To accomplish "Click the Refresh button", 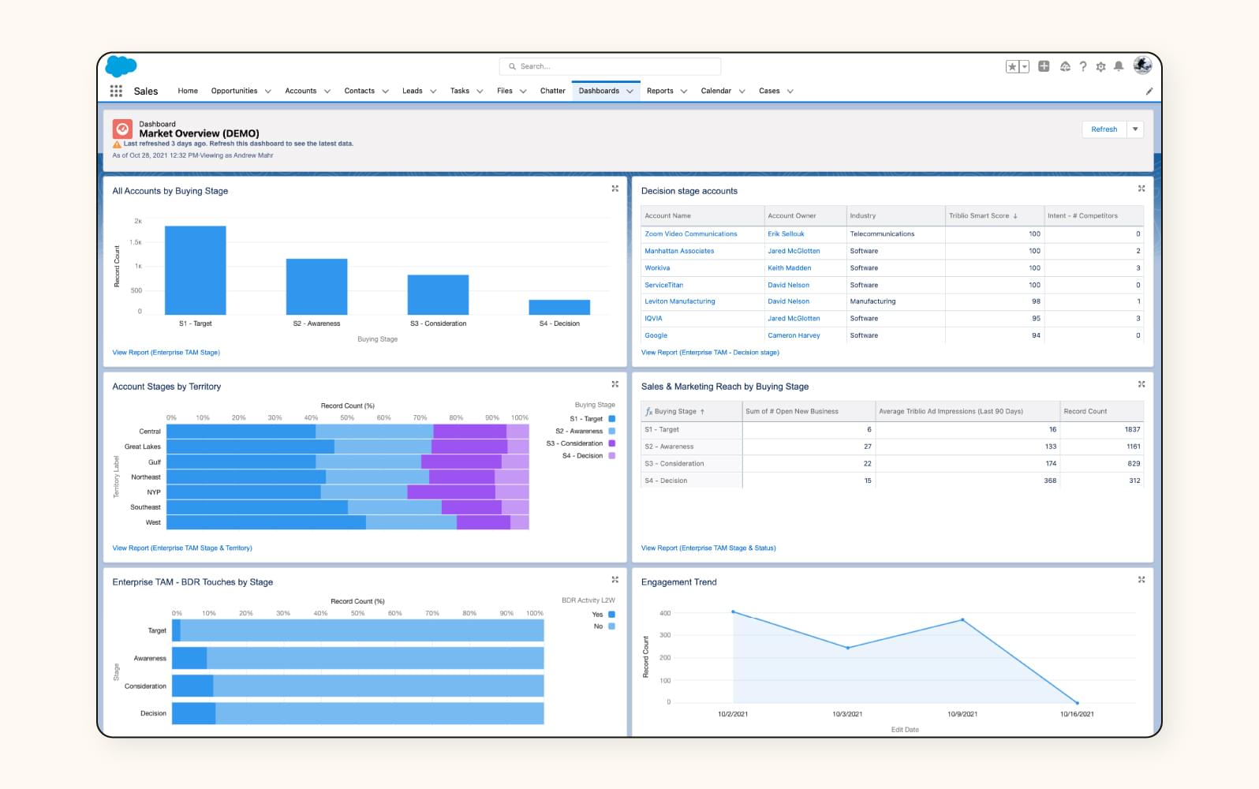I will point(1104,129).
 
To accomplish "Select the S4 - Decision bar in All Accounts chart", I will point(559,308).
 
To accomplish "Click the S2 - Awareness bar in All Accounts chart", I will point(316,287).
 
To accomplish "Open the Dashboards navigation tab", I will point(599,91).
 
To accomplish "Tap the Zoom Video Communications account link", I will point(690,234).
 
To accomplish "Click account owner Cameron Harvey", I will point(794,335).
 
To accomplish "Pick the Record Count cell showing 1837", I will point(1132,429).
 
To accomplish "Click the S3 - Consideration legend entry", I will point(581,443).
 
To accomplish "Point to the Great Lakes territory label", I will point(142,447).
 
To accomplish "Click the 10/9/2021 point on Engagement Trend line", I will point(962,620).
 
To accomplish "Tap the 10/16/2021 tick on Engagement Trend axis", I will point(1077,714).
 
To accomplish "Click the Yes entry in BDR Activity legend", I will point(598,615).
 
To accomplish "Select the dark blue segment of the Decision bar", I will point(193,713).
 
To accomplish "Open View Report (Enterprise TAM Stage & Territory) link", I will point(182,548).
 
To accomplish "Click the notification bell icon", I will point(1119,67).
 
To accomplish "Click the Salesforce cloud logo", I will point(121,66).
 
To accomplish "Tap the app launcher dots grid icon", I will point(116,91).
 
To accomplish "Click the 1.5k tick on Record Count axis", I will point(136,243).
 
